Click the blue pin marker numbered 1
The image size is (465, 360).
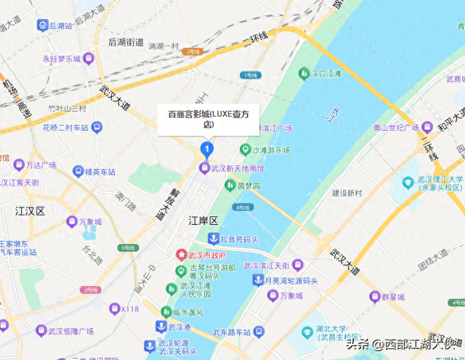(206, 150)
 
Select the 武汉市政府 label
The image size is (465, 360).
(206, 255)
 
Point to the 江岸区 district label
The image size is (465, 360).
(203, 220)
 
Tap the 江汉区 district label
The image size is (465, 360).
(30, 211)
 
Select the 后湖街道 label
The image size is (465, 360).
(126, 42)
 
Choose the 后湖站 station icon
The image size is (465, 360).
(43, 25)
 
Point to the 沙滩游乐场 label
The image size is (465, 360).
(271, 150)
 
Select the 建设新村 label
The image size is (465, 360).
(347, 193)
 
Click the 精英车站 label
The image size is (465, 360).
(100, 172)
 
